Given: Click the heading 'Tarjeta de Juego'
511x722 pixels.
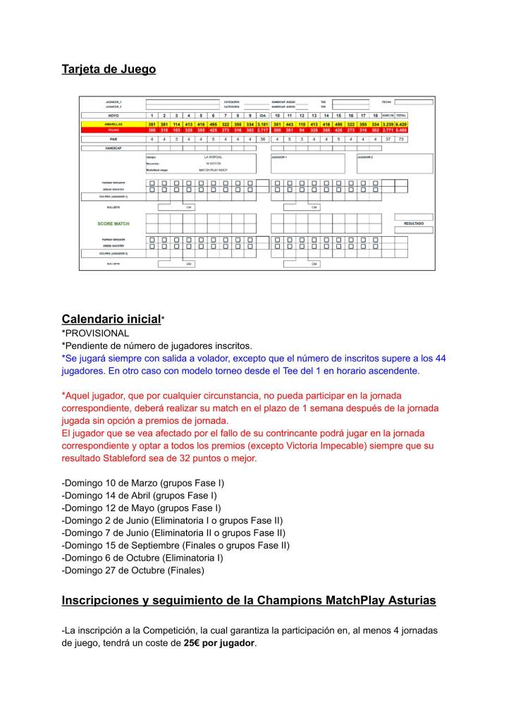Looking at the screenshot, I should pos(109,69).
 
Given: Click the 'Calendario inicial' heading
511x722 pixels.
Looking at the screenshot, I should pos(111,319).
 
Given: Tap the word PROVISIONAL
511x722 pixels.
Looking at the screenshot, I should pos(96,333).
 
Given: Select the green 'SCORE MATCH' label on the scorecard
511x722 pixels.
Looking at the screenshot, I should pos(113,224).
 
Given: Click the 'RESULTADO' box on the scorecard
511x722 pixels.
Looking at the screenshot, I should pos(413,224).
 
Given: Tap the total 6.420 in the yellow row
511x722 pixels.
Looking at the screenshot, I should pos(401,124).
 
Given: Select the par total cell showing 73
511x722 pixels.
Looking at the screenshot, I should pos(401,140).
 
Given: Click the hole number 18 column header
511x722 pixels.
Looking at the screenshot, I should pos(375,115).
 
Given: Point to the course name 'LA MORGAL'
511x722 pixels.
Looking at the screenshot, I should pos(213,157).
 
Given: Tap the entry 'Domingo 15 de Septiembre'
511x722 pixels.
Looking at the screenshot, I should pos(120,545).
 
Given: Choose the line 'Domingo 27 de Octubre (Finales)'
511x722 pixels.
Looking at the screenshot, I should pos(133,570).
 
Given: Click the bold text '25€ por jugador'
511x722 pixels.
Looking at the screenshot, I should pos(219,644).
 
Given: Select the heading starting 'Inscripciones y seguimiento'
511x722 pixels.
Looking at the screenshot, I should pos(248,600).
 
